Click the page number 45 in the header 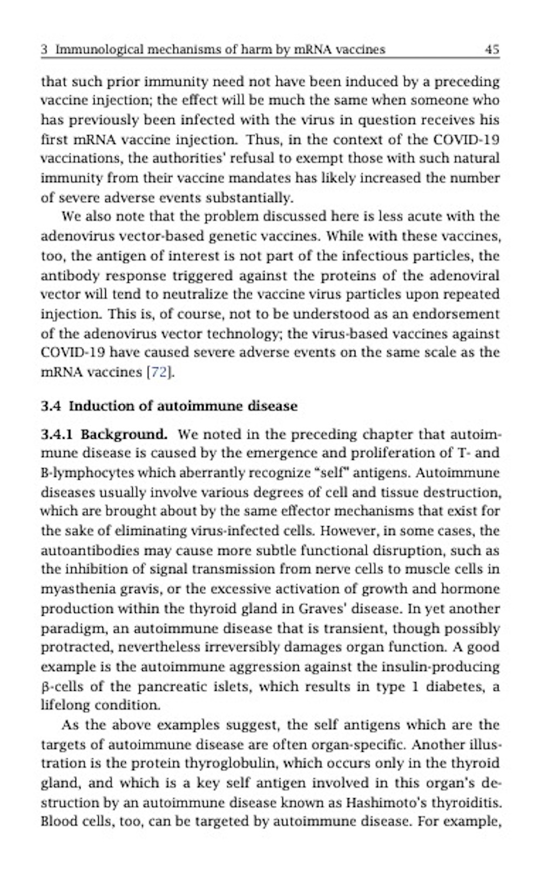coord(492,50)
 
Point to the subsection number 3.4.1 coord(57,434)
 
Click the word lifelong coord(65,705)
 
